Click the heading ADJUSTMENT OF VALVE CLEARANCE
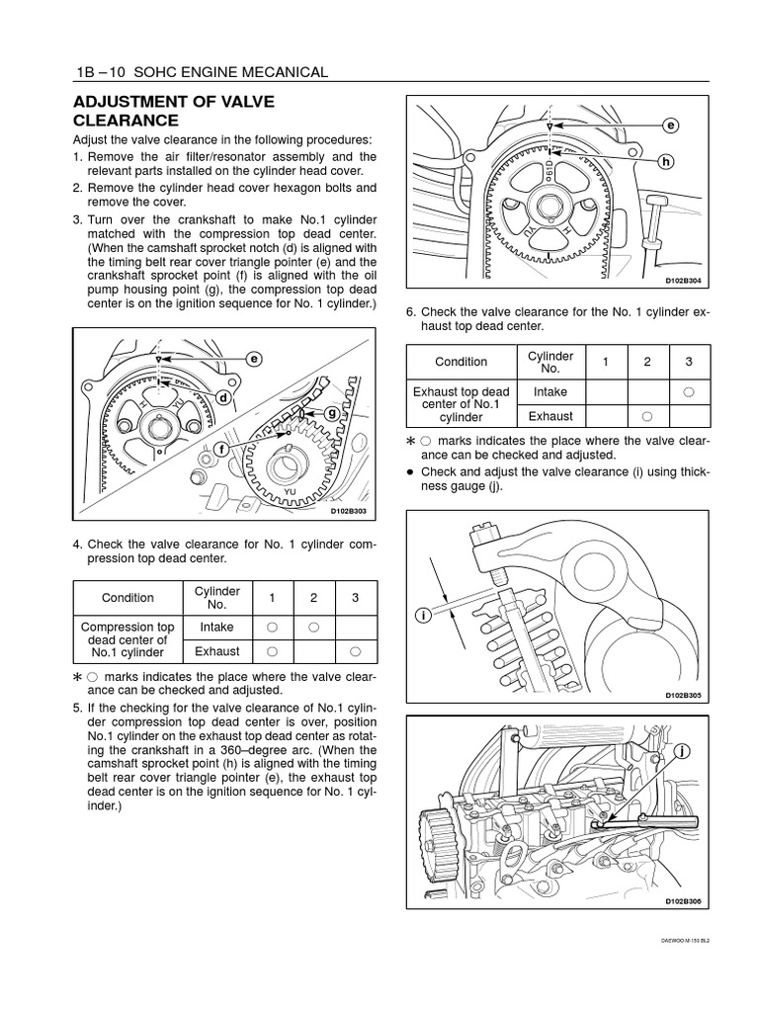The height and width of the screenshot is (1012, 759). click(x=173, y=111)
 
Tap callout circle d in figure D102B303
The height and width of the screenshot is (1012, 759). click(x=224, y=397)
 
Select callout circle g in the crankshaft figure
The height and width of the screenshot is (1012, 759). click(x=332, y=412)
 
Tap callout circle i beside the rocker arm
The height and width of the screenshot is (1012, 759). click(x=422, y=615)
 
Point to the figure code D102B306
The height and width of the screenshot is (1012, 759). click(x=682, y=900)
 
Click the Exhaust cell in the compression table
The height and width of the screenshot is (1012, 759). click(x=216, y=651)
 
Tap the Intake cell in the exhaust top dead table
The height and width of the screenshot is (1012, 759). click(x=550, y=391)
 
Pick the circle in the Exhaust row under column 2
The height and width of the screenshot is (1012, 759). click(x=647, y=416)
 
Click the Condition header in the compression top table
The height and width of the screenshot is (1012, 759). click(x=127, y=597)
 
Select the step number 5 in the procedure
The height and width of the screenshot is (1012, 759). click(x=77, y=708)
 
